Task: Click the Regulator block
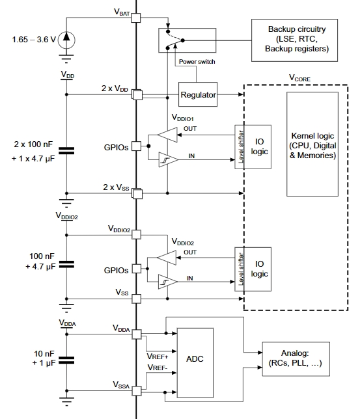[x=198, y=94]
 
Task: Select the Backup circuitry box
[x=294, y=40]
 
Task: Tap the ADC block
[x=195, y=363]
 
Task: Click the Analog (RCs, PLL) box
[x=296, y=359]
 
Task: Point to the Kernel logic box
[x=312, y=144]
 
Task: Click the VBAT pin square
[x=136, y=18]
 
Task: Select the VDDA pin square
[x=137, y=334]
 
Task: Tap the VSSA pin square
[x=137, y=391]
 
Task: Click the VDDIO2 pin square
[x=137, y=235]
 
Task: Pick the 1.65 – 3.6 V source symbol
[x=66, y=40]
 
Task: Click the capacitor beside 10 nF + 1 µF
[x=66, y=360]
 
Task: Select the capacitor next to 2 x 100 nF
[x=66, y=151]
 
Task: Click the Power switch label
[x=197, y=61]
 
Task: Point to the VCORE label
[x=300, y=78]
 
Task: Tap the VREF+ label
[x=158, y=357]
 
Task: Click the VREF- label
[x=158, y=368]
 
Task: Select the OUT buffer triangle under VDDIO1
[x=167, y=135]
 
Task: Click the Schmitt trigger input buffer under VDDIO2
[x=168, y=282]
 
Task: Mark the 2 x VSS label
[x=116, y=187]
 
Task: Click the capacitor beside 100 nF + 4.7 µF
[x=66, y=265]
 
